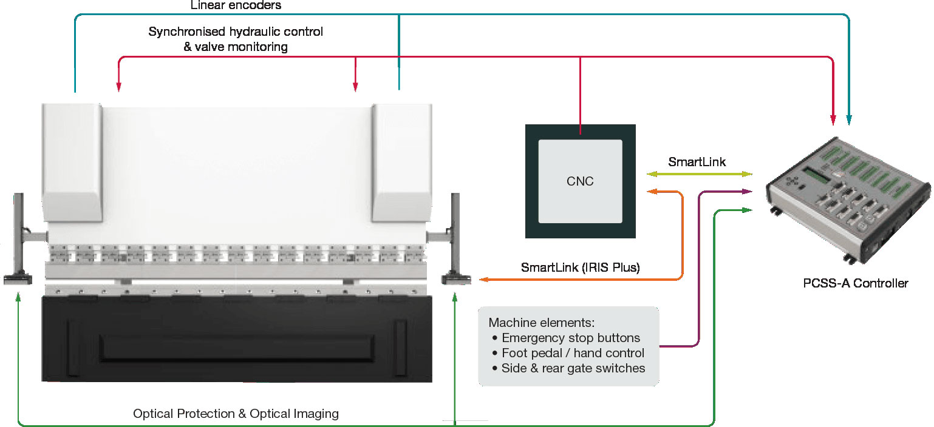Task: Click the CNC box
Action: click(x=580, y=181)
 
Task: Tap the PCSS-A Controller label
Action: click(x=856, y=283)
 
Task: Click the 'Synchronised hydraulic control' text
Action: click(x=236, y=32)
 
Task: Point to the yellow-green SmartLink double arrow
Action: click(x=699, y=175)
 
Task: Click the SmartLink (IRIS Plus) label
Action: click(x=580, y=267)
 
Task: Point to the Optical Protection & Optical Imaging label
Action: click(x=236, y=414)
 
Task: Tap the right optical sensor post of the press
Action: click(x=454, y=240)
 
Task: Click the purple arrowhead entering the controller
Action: click(x=748, y=192)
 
